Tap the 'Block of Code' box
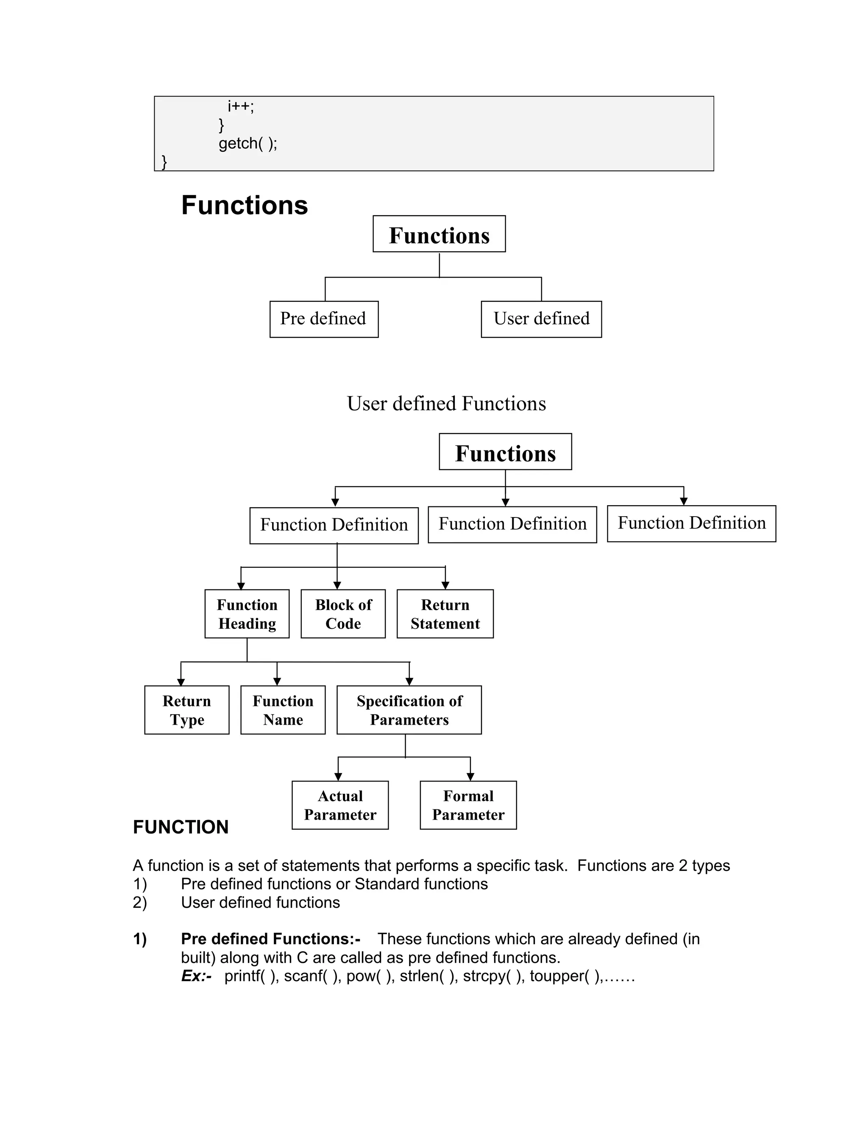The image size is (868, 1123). click(x=343, y=614)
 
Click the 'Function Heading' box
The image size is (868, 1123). click(x=247, y=614)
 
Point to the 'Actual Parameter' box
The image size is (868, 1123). click(x=340, y=805)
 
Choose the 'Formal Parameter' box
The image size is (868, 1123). click(x=468, y=805)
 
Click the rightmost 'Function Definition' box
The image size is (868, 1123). click(x=691, y=523)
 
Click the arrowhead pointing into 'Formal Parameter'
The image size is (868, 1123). click(x=470, y=776)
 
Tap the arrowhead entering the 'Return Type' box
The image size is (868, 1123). click(x=181, y=682)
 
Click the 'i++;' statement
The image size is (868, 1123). click(x=241, y=106)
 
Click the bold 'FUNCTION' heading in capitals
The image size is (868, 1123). click(x=181, y=827)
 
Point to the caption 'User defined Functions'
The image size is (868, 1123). click(x=446, y=403)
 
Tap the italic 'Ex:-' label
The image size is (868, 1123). click(x=196, y=976)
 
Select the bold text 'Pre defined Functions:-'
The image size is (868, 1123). click(x=270, y=939)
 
